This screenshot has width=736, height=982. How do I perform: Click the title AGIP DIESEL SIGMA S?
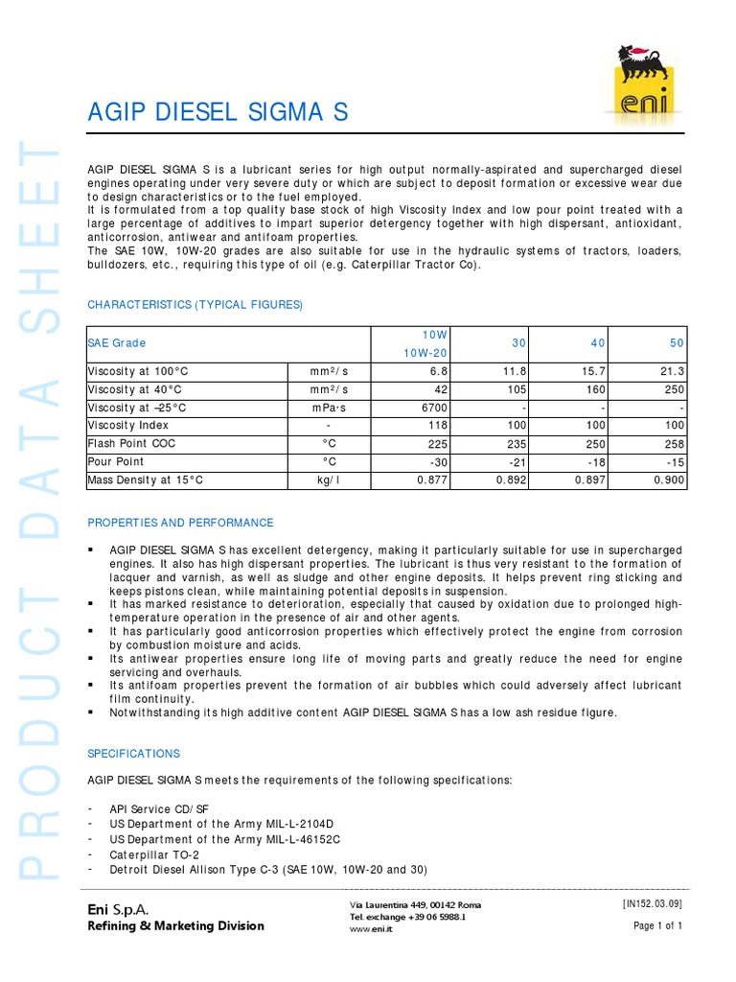point(217,114)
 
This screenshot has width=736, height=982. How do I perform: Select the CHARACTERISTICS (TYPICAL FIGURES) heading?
point(195,305)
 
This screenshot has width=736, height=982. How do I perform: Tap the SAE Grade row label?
point(118,342)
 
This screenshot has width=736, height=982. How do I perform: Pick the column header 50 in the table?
point(675,342)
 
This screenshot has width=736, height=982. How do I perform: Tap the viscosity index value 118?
point(438,426)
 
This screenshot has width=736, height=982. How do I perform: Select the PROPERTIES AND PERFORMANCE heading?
point(180,523)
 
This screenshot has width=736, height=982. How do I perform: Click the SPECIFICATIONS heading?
point(133,754)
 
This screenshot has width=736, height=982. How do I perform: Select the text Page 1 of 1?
point(657,926)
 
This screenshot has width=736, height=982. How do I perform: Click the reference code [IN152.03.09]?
point(652,902)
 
